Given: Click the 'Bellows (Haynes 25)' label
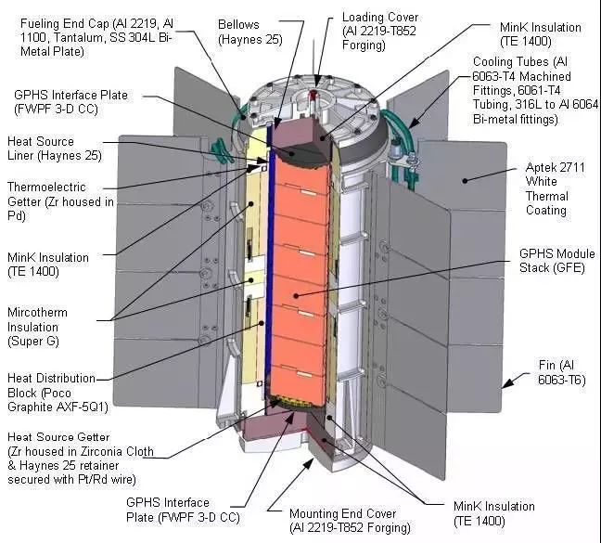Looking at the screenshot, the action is [x=249, y=32].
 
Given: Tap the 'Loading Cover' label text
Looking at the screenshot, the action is [x=380, y=18].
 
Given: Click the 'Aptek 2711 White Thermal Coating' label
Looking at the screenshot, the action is [x=555, y=188].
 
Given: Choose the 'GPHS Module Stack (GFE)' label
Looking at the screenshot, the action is [x=556, y=261].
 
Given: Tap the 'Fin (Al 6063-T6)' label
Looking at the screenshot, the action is [x=562, y=372].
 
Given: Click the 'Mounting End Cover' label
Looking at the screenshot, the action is [x=342, y=513].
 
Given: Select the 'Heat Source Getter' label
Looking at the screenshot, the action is [x=58, y=437].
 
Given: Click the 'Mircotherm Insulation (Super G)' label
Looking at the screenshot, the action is [x=37, y=327].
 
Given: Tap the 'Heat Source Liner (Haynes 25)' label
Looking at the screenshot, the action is [x=55, y=149].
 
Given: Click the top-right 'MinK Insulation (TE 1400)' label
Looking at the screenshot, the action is [x=541, y=34].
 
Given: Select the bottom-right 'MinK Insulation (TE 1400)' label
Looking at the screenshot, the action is [x=494, y=513].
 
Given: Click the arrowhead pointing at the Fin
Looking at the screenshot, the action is [x=508, y=382].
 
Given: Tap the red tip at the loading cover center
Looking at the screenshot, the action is [x=313, y=93].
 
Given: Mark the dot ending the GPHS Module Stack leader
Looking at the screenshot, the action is [x=296, y=295].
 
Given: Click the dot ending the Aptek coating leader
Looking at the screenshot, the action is [x=465, y=180].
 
